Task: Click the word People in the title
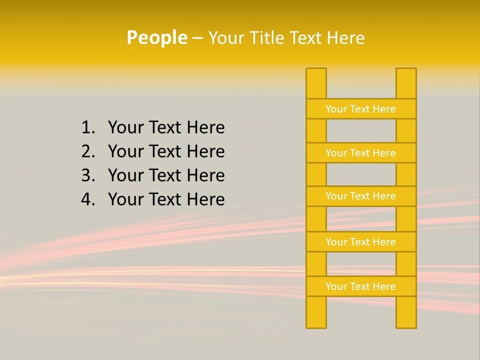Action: (x=156, y=37)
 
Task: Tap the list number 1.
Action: (x=87, y=128)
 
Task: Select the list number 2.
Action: (x=87, y=151)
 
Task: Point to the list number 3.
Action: (x=87, y=175)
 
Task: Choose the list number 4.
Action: (x=87, y=199)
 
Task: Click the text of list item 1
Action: (x=166, y=128)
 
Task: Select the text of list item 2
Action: (x=166, y=151)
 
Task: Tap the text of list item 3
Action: (x=166, y=175)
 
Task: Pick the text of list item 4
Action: (x=166, y=199)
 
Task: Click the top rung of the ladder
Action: (x=360, y=109)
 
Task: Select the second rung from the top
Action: (x=360, y=153)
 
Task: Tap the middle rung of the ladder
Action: (x=360, y=196)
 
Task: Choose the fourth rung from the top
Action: (x=360, y=242)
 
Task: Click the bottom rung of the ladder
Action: (x=360, y=286)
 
